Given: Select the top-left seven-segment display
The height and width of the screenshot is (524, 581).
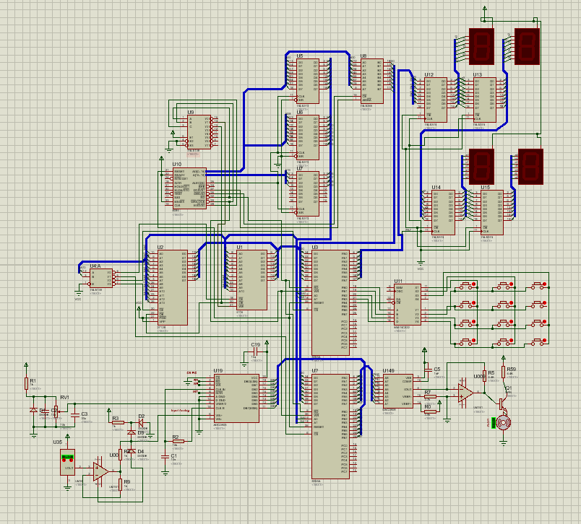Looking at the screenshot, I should pos(481,45).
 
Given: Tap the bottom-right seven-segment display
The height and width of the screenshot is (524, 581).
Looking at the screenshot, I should pos(530,165).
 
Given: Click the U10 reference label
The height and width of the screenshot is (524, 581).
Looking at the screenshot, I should pos(177,165).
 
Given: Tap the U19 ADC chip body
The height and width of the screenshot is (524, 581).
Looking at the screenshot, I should pos(236,403).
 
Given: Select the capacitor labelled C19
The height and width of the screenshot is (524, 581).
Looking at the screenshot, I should pos(254,355).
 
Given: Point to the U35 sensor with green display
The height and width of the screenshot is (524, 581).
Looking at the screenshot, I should pos(67,462).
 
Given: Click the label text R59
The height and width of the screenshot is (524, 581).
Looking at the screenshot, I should pos(512,370).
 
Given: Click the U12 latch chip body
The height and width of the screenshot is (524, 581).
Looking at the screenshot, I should pos(435,99).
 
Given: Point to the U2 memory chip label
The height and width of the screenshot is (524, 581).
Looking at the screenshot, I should pos(161,247).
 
